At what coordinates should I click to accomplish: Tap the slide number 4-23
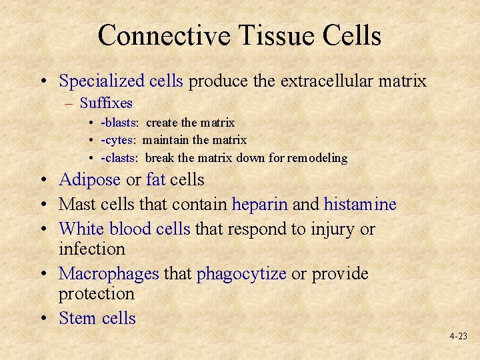(458, 337)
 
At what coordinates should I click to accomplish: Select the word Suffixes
(106, 103)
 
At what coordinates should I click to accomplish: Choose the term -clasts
(119, 158)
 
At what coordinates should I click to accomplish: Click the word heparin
(260, 204)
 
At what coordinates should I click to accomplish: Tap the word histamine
(360, 204)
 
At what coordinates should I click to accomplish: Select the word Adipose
(89, 180)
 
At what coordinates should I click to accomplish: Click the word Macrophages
(109, 274)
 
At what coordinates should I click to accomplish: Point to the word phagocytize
(241, 274)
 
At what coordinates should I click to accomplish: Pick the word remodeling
(319, 158)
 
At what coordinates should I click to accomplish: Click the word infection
(92, 249)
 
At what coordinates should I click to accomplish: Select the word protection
(97, 294)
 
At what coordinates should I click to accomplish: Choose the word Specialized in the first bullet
(101, 81)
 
